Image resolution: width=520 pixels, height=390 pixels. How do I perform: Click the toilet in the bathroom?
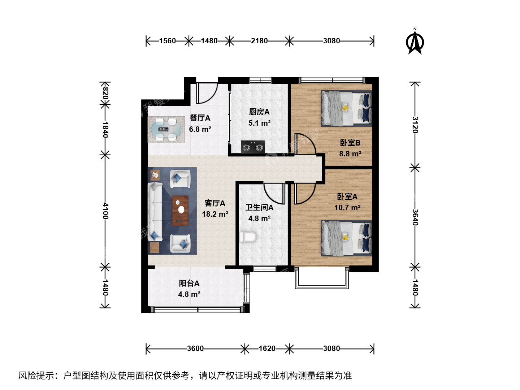[x=248, y=237]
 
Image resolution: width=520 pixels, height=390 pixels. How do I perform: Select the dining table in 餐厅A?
[x=166, y=130]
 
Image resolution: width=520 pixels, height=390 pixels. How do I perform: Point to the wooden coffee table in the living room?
[x=180, y=211]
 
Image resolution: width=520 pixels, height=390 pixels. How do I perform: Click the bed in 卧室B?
[x=346, y=108]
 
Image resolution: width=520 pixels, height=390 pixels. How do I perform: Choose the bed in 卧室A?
[x=346, y=238]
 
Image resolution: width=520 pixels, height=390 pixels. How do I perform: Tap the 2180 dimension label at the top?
[x=259, y=41]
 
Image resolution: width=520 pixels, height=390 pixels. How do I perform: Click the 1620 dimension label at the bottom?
[x=267, y=348]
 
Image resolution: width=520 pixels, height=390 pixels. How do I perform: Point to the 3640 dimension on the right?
[x=415, y=217]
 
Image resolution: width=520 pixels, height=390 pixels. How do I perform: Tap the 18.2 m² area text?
[x=215, y=214]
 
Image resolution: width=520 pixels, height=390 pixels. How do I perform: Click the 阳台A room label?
[x=189, y=283]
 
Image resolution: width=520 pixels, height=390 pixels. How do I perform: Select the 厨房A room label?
[x=259, y=112]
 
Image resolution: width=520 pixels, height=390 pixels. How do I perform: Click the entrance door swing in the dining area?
[x=207, y=93]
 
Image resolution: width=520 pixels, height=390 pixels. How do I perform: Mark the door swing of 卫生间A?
[x=274, y=194]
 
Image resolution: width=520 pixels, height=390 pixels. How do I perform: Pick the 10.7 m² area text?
[x=347, y=208]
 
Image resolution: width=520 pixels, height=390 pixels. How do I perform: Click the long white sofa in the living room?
[x=155, y=212]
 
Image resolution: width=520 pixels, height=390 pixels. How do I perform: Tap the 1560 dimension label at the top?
[x=168, y=41]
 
